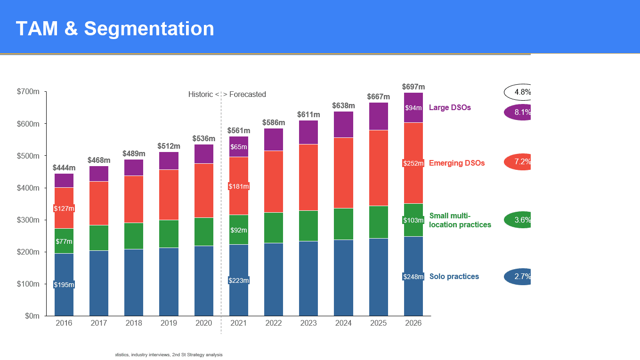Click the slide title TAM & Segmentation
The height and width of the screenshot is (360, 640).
(x=115, y=29)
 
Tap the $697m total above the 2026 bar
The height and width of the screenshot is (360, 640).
(x=413, y=87)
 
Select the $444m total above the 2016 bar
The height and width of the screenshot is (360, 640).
(x=64, y=168)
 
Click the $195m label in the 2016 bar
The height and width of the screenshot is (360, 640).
(x=64, y=285)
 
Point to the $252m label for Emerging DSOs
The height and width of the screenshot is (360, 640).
(x=413, y=163)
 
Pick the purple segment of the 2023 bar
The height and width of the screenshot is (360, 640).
(x=308, y=132)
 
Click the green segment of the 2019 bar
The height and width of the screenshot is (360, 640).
(x=169, y=233)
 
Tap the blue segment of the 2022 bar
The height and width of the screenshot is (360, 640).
(x=274, y=279)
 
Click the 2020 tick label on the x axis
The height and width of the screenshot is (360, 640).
(x=203, y=323)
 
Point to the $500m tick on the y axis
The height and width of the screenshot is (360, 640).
(x=28, y=156)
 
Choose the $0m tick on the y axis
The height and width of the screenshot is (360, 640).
(x=32, y=316)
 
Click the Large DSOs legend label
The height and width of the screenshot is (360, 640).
(x=450, y=108)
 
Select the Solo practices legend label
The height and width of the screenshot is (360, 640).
(x=454, y=277)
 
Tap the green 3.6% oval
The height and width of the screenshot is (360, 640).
(x=518, y=220)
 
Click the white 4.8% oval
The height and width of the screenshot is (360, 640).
(x=518, y=92)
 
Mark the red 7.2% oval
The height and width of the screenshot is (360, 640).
(x=518, y=161)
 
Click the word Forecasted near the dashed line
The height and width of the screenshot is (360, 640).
(x=248, y=95)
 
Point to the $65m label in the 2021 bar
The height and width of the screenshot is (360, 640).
(x=238, y=147)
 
